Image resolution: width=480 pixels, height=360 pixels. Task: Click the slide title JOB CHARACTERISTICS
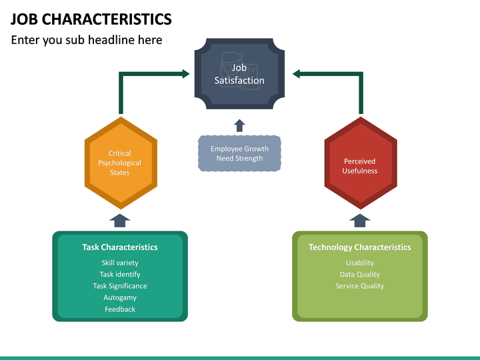point(91,19)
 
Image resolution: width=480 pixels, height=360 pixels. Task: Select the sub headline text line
point(87,40)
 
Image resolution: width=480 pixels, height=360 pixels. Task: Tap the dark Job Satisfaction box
point(239,74)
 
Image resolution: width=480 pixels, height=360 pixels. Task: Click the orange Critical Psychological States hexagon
point(120,163)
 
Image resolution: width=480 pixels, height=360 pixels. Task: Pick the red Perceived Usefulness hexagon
point(360,165)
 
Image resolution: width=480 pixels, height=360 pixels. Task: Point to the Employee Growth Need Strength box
point(239,153)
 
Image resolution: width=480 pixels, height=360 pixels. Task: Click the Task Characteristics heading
point(120,247)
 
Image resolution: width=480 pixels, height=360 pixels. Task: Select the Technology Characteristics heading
point(360,247)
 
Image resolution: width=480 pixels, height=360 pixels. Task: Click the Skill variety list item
point(120,263)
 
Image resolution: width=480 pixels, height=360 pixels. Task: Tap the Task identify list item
point(120,274)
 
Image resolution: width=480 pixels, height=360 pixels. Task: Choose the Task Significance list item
point(120,286)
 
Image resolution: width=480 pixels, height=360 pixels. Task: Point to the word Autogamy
point(120,297)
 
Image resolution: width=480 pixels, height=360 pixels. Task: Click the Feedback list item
point(120,309)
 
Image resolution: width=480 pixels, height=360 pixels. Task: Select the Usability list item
point(360,263)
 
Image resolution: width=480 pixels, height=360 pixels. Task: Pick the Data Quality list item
point(360,274)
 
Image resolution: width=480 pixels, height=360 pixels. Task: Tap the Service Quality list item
point(360,286)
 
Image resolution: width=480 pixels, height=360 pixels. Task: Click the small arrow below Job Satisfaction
point(239,125)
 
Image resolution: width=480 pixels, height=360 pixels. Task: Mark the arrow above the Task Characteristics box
point(120,220)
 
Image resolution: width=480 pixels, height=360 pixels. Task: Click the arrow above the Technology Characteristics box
point(360,220)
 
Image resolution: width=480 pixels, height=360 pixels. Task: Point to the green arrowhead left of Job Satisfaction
point(185,74)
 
